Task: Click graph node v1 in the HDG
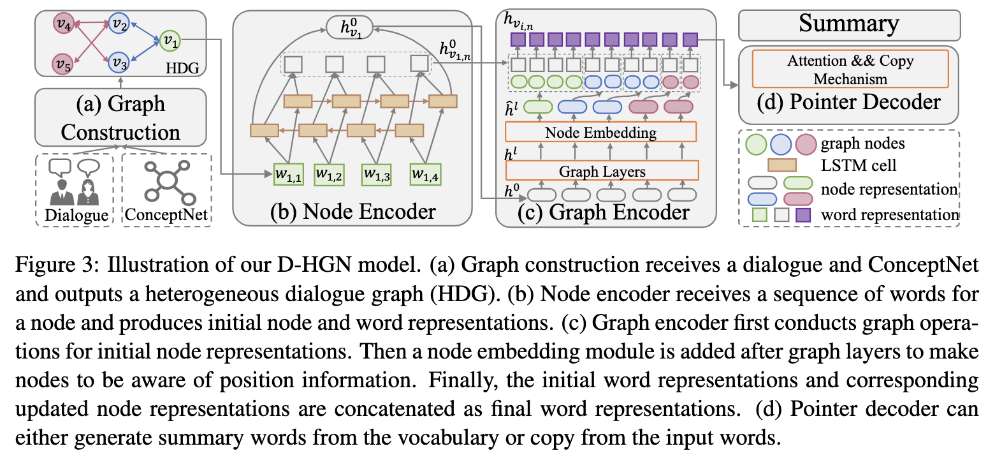click(170, 41)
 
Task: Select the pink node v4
click(64, 24)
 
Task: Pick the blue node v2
click(119, 23)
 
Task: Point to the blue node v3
click(119, 63)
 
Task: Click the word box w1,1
click(289, 175)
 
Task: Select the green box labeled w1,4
click(425, 175)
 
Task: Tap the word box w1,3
click(376, 175)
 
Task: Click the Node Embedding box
click(600, 132)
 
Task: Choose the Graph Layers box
click(602, 170)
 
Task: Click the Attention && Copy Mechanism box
click(850, 69)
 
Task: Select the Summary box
click(850, 25)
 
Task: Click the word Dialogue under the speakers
click(76, 215)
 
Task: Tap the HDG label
click(182, 68)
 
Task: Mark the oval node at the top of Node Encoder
click(350, 27)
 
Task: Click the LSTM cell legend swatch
click(782, 165)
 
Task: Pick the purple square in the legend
click(803, 215)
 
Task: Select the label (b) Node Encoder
click(352, 211)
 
